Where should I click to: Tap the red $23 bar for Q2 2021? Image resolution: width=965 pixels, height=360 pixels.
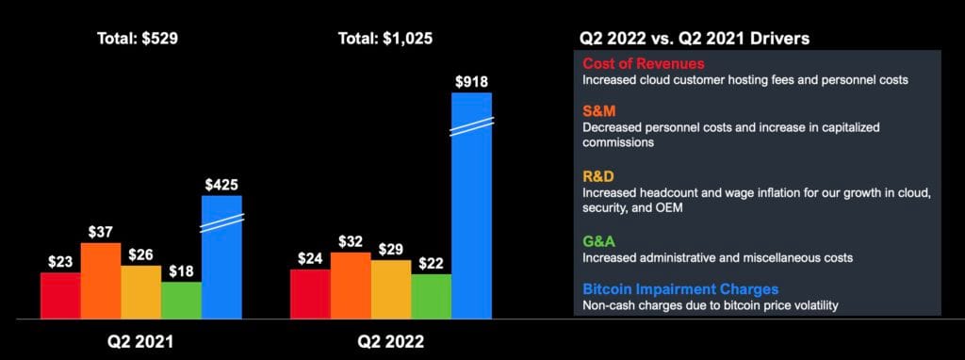tap(60, 295)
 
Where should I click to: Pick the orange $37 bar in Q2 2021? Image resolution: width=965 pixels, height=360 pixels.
tap(101, 281)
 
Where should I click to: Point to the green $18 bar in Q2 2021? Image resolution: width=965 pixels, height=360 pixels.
tap(181, 300)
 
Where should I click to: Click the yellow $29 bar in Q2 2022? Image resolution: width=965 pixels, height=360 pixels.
tap(391, 289)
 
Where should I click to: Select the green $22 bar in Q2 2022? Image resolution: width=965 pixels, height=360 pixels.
tap(432, 296)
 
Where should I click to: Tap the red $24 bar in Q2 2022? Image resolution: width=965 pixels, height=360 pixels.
tap(310, 294)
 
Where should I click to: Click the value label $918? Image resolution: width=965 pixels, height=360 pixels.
tap(471, 82)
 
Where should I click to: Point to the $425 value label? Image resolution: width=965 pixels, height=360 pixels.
tap(221, 185)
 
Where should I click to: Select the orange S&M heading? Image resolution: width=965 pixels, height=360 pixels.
tap(601, 110)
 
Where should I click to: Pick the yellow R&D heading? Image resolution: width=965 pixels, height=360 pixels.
tap(601, 175)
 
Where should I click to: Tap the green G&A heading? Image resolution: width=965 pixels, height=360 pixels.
tap(601, 240)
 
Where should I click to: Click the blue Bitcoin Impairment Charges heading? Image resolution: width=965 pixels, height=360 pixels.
tap(680, 288)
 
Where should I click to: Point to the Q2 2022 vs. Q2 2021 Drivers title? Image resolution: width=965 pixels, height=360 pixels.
tap(695, 39)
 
